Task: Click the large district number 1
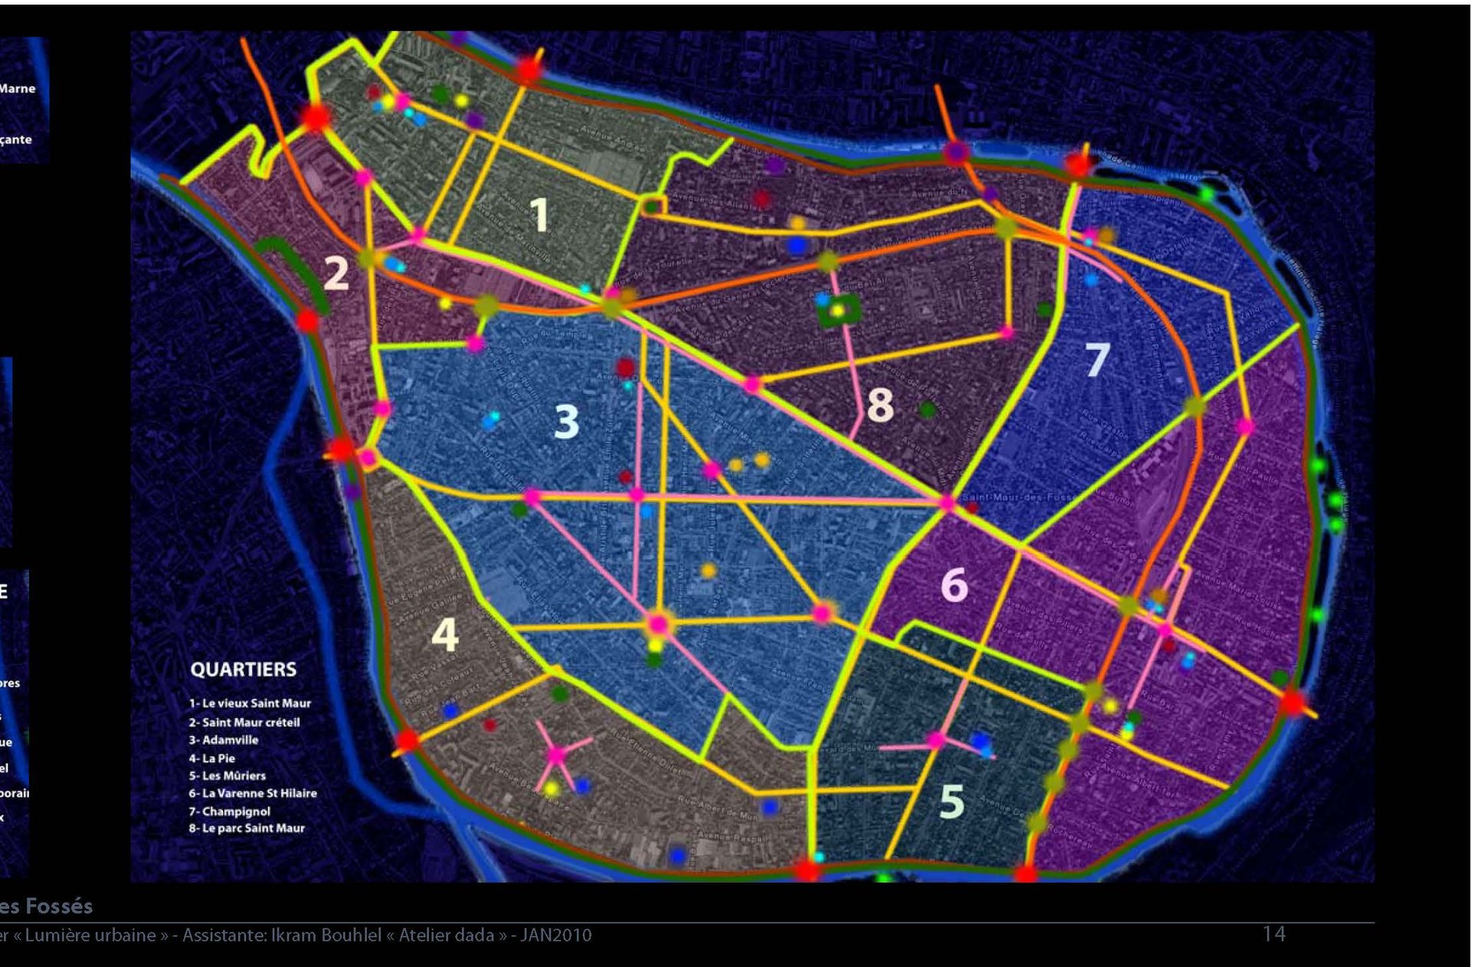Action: (x=539, y=215)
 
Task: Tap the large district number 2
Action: (x=336, y=273)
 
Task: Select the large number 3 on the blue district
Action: (x=566, y=421)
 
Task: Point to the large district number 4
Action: (x=444, y=634)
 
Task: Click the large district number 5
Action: (x=952, y=801)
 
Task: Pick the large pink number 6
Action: (x=954, y=585)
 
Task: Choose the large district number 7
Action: (x=1097, y=359)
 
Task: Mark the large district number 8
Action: (x=880, y=405)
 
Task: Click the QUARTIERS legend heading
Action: (x=243, y=670)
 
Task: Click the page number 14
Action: (x=1273, y=934)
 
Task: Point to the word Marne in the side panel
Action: (x=18, y=89)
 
